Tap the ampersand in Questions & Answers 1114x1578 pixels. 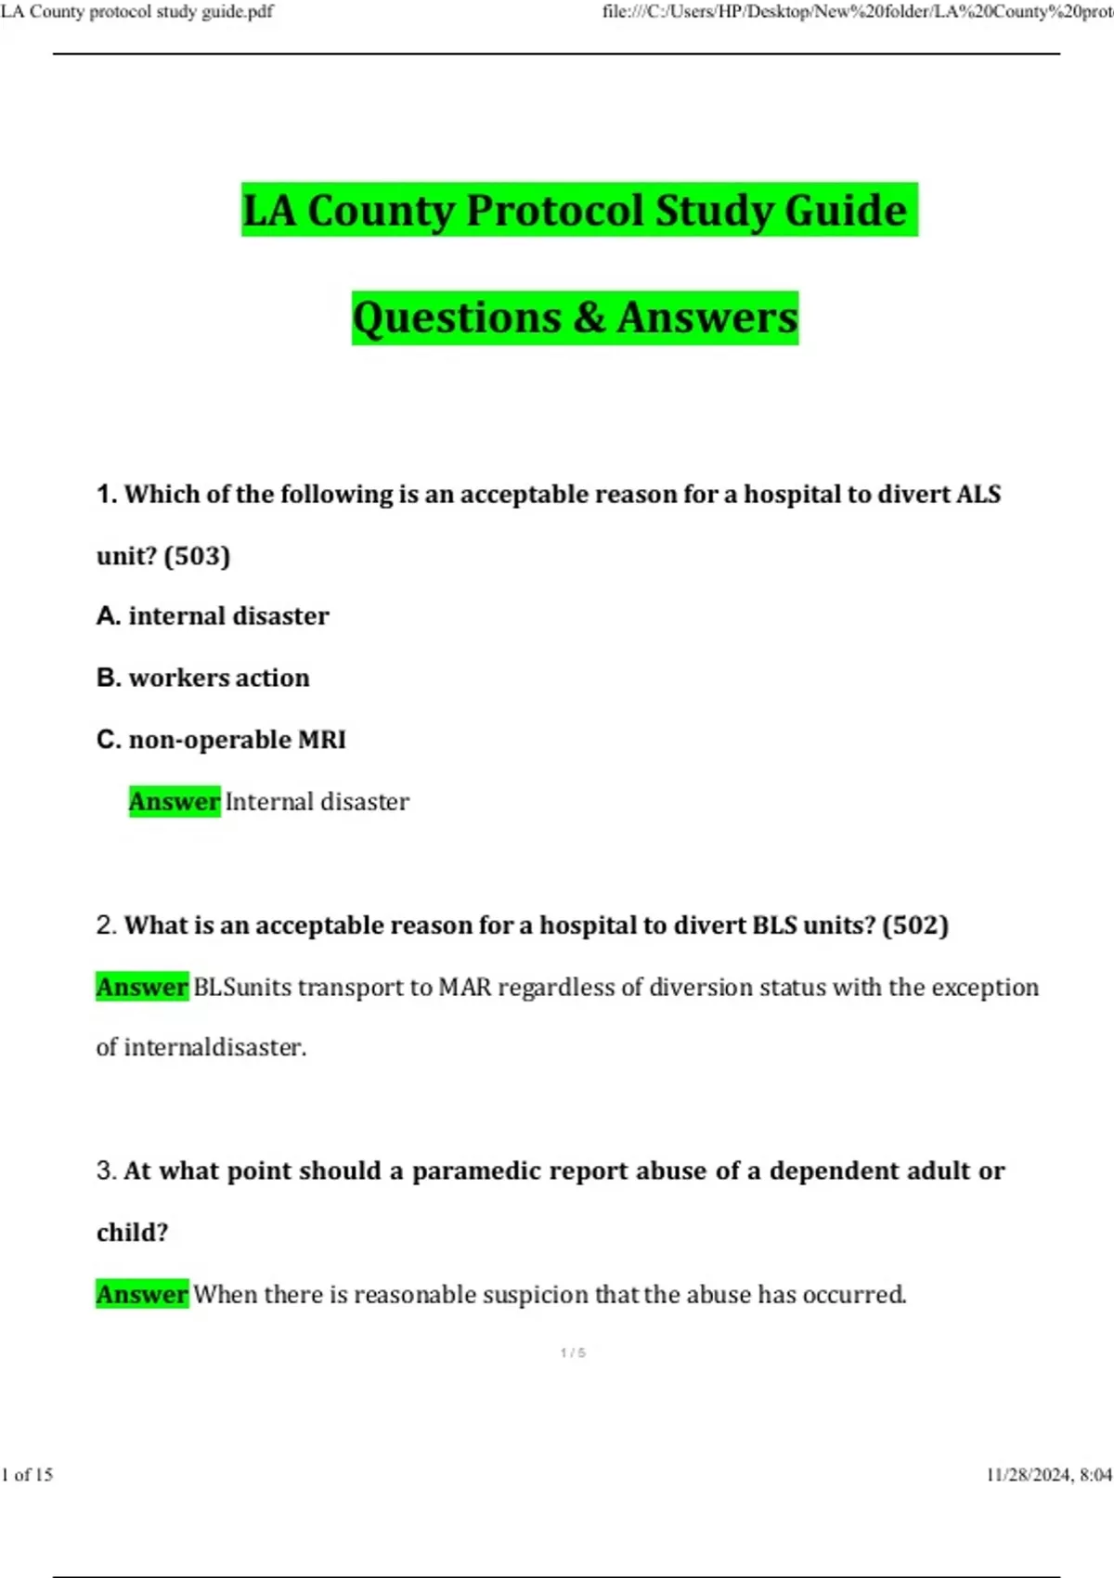pyautogui.click(x=589, y=317)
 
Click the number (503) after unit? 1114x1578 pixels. pyautogui.click(x=197, y=556)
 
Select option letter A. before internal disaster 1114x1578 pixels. pyautogui.click(x=108, y=616)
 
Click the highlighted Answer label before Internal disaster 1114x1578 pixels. pyautogui.click(x=174, y=802)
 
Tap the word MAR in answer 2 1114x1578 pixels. pyautogui.click(x=464, y=988)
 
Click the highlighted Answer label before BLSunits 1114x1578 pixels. pyautogui.click(x=142, y=988)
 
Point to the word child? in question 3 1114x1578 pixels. pyautogui.click(x=133, y=1233)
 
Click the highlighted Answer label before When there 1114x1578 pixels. pyautogui.click(x=142, y=1295)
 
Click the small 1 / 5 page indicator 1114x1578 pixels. pyautogui.click(x=573, y=1353)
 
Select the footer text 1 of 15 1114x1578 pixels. pyautogui.click(x=27, y=1475)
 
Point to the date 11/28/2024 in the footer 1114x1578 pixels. pyautogui.click(x=1028, y=1475)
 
